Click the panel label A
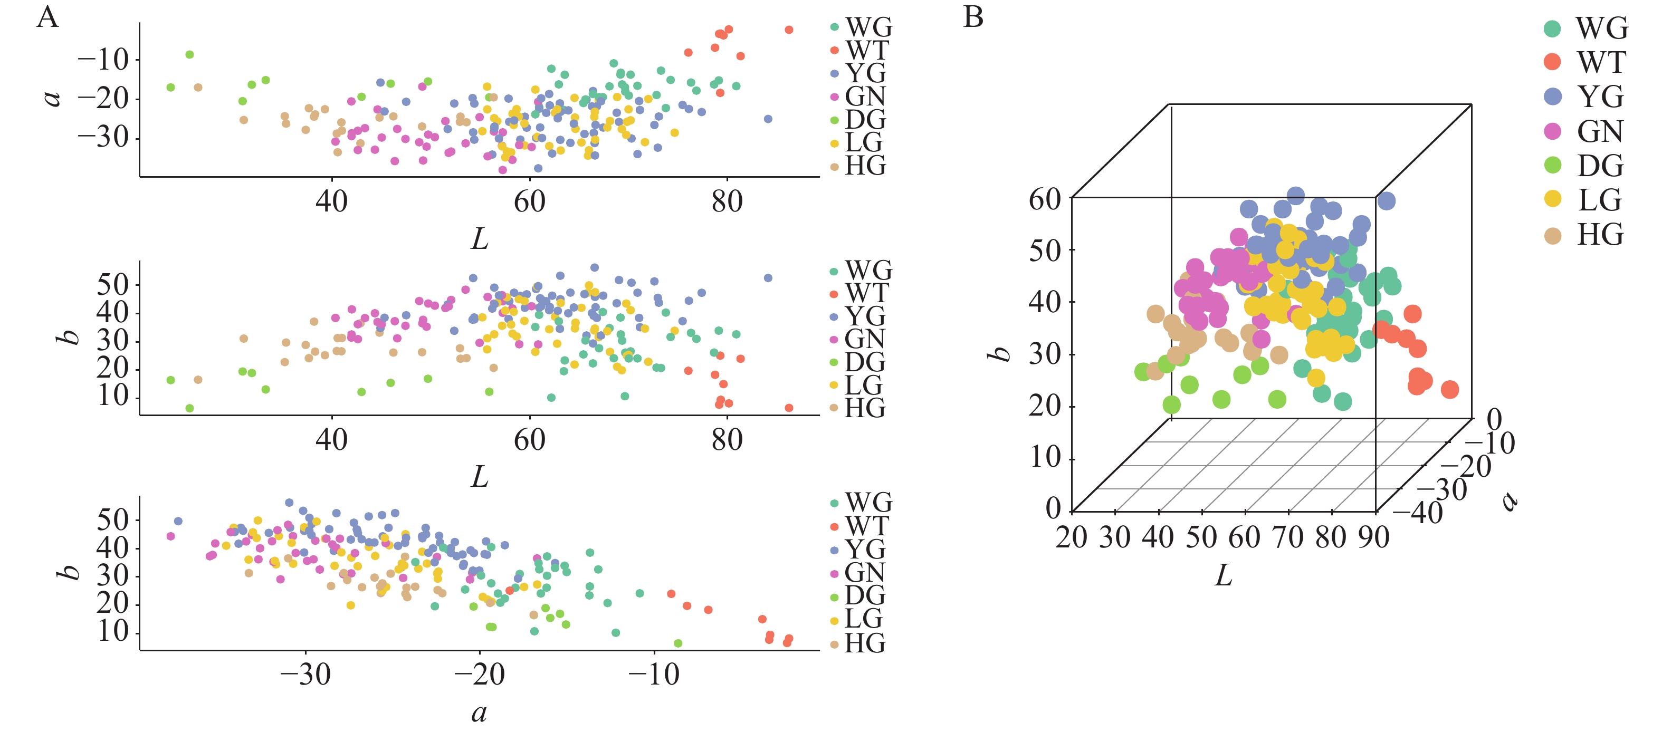point(47,17)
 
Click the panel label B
point(973,17)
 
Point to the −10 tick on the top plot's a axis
point(103,60)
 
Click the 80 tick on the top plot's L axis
point(727,201)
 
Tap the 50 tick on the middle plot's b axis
point(113,284)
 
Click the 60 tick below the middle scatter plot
point(529,440)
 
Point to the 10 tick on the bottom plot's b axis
point(113,631)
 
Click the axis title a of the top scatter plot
point(52,97)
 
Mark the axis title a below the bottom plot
point(479,712)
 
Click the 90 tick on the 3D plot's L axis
point(1373,536)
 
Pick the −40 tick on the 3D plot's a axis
point(1418,513)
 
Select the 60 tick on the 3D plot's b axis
point(1045,199)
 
